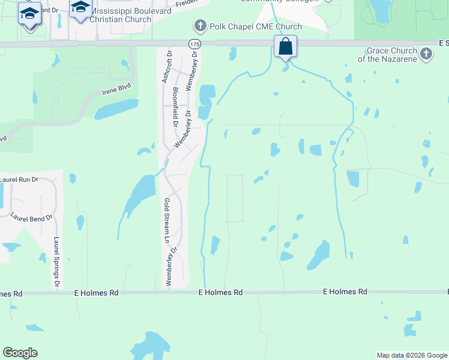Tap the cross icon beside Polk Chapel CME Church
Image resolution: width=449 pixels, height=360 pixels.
[200, 26]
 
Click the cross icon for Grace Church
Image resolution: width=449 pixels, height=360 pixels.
[426, 55]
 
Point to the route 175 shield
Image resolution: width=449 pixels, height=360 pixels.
[193, 44]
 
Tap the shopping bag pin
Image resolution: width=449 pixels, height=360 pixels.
[285, 46]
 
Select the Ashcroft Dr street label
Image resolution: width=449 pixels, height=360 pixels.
[168, 67]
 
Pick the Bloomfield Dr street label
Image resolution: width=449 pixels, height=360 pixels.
[175, 107]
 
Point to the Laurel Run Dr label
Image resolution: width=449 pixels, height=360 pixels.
[19, 179]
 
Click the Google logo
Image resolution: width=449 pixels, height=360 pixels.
[20, 352]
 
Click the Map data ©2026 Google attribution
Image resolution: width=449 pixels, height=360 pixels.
[412, 355]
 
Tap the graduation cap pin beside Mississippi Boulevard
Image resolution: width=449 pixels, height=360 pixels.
[80, 8]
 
